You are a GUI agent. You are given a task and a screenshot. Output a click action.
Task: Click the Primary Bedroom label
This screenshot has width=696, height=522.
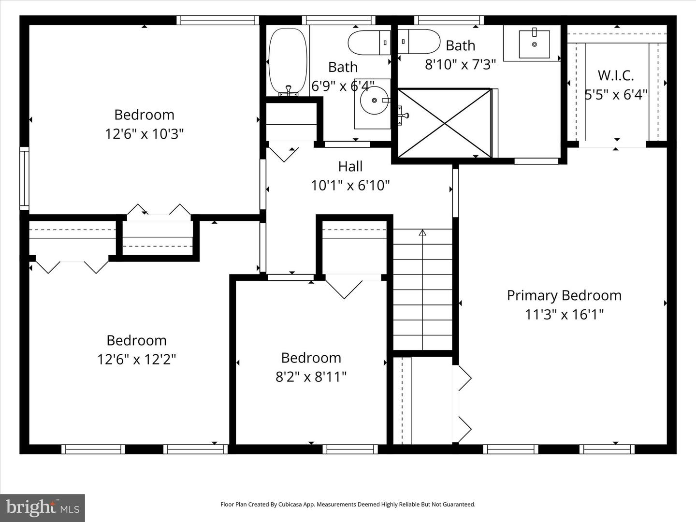(564, 295)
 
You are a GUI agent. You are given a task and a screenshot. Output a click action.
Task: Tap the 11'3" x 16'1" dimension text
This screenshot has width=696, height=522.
(564, 315)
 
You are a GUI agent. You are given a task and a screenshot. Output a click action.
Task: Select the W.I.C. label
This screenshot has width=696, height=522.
(615, 75)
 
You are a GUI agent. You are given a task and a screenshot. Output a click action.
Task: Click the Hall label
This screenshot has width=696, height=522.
(350, 166)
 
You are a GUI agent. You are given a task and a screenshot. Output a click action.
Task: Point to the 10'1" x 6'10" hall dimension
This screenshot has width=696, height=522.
(350, 185)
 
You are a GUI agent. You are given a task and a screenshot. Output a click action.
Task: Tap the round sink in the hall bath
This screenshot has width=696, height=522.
(375, 101)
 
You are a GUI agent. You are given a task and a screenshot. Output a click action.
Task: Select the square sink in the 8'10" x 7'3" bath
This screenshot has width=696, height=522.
(534, 44)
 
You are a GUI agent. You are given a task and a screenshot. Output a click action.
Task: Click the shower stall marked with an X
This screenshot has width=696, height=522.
(444, 123)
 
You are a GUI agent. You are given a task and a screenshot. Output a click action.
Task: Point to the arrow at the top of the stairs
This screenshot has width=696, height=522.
(422, 233)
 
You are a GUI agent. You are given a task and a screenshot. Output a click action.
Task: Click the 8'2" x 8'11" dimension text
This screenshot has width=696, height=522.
(311, 377)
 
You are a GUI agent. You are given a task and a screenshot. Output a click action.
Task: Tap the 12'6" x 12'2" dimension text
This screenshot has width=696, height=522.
(136, 360)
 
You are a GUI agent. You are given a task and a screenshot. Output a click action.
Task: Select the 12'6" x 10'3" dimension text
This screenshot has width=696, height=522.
(144, 134)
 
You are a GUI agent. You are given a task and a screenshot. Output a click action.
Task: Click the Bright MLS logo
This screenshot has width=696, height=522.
(43, 507)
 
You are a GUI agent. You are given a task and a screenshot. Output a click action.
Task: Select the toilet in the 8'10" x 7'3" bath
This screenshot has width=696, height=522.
(419, 42)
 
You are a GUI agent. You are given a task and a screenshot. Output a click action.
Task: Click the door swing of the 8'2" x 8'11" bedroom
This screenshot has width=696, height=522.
(344, 289)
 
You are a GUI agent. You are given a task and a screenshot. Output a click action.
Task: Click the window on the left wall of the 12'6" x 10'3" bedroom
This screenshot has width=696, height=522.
(24, 178)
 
